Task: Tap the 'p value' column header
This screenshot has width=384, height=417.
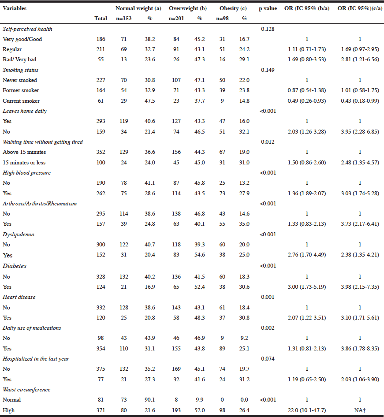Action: click(x=268, y=8)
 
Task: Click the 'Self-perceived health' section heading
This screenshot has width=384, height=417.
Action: click(x=27, y=29)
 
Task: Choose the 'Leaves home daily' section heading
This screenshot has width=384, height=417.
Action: click(x=25, y=111)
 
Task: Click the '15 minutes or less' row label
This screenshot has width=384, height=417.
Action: click(x=24, y=163)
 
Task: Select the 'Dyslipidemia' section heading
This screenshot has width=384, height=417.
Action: click(x=18, y=235)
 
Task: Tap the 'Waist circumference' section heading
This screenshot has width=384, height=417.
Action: click(x=26, y=390)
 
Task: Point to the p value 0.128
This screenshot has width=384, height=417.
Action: click(x=268, y=29)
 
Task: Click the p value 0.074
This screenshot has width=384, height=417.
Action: click(x=268, y=359)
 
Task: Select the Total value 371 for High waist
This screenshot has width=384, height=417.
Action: click(x=101, y=410)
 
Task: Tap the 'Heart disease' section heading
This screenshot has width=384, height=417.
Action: click(x=19, y=297)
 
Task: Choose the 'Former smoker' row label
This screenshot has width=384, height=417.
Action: click(x=21, y=90)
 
